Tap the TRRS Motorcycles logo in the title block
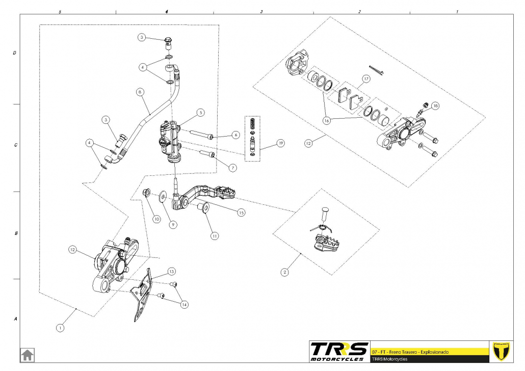339,351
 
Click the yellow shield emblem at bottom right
502,351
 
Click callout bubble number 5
201,112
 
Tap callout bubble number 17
365,79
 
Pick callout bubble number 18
435,107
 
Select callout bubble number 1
61,328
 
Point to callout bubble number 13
171,271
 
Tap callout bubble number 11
215,236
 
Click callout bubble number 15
242,211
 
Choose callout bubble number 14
184,304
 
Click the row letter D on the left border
15,52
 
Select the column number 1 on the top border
457,11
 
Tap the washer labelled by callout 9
163,196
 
